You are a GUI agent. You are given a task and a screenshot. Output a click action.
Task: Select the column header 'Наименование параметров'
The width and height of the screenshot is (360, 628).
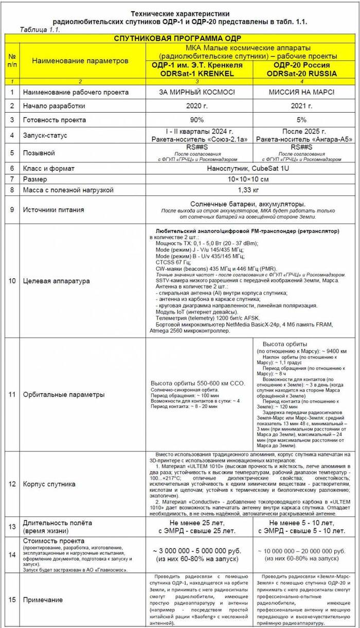pos(80,61)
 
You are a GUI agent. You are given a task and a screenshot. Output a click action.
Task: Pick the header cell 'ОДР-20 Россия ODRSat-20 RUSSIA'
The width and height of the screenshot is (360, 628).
pos(301,69)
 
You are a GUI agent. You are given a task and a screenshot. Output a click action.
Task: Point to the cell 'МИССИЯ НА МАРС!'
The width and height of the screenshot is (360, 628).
pos(301,93)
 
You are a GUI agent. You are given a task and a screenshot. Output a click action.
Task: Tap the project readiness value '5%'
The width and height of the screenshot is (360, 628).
pos(301,120)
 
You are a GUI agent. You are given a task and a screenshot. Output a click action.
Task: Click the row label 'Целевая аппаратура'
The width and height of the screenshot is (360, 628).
pos(57,281)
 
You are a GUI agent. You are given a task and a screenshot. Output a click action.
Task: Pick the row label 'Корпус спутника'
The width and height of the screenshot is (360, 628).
pos(49,484)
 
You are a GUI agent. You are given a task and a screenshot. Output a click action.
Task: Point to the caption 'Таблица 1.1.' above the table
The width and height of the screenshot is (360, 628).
pos(40,30)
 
